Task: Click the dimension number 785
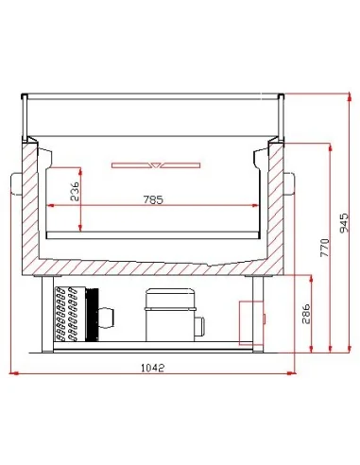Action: point(154,199)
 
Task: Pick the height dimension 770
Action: point(324,248)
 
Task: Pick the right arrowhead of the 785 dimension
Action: point(258,206)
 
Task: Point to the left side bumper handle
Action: point(15,180)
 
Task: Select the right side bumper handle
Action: point(291,180)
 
